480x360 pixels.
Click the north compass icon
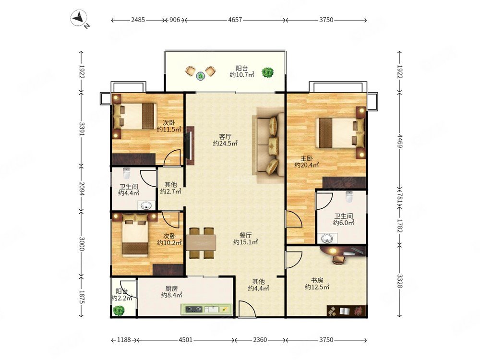(80, 19)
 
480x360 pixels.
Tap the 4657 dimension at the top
(235, 20)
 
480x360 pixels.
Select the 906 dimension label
(175, 20)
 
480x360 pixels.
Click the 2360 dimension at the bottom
(260, 340)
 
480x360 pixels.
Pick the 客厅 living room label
(225, 136)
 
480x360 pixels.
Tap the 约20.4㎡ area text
(306, 165)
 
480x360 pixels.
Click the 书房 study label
(317, 280)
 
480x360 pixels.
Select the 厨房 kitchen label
(171, 288)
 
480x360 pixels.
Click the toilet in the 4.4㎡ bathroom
(126, 173)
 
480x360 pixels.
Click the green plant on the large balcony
(267, 72)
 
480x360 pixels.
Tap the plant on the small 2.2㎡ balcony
(119, 311)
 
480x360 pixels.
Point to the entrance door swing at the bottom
(247, 309)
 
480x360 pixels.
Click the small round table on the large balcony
(200, 75)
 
